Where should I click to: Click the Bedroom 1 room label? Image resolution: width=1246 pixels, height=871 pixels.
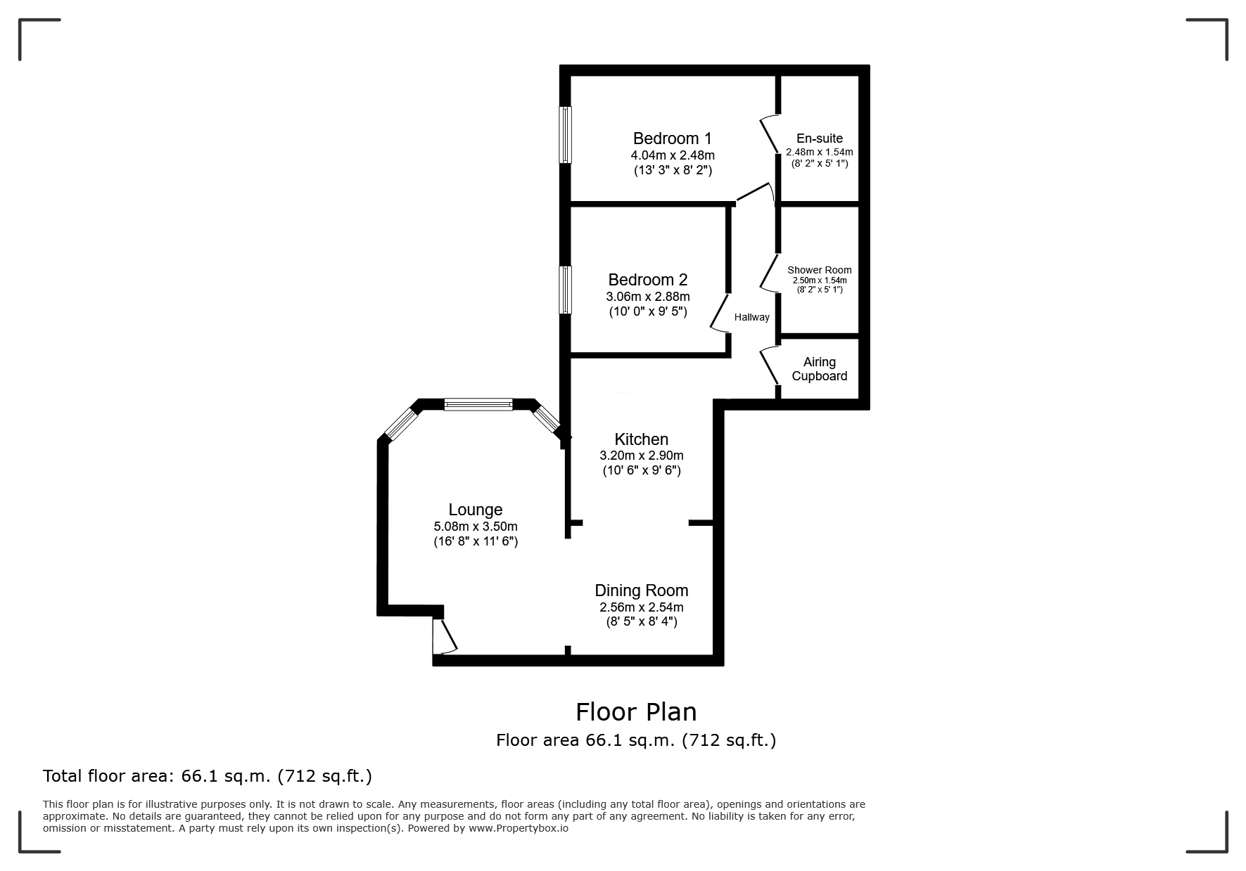[672, 138]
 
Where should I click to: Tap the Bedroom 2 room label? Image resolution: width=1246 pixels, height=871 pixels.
[647, 280]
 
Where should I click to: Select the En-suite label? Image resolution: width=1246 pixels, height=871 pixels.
[819, 138]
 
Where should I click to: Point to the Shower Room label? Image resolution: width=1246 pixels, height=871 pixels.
[819, 270]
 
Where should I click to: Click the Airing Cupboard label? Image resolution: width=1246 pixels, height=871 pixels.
[819, 369]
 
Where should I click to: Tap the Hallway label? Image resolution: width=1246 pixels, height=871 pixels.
[751, 317]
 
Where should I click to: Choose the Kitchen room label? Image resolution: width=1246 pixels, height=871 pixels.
[641, 439]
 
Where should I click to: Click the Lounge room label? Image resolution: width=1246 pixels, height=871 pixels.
[476, 510]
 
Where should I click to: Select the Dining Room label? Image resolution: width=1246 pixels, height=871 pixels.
[641, 591]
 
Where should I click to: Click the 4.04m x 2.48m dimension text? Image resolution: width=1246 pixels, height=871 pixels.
[672, 155]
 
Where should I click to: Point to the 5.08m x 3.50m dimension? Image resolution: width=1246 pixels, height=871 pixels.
[476, 527]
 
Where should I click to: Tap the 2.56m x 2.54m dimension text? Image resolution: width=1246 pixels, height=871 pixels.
[641, 607]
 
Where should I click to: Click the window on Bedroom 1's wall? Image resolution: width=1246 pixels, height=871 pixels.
[565, 135]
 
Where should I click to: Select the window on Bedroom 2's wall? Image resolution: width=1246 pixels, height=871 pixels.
[565, 290]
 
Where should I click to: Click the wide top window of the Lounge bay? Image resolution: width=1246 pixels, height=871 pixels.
[478, 404]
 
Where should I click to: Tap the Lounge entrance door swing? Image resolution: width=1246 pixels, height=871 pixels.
[445, 637]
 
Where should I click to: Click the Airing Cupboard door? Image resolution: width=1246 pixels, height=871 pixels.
[770, 366]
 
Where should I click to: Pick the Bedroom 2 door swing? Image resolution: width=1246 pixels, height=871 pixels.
[720, 314]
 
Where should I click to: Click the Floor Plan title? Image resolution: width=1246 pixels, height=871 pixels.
[636, 712]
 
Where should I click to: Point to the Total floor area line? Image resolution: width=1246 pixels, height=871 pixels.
[208, 776]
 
